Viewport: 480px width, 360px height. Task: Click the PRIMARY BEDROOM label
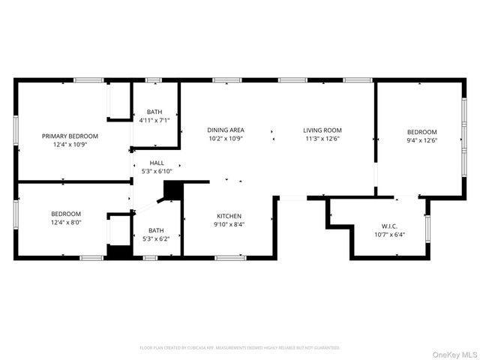click(x=70, y=136)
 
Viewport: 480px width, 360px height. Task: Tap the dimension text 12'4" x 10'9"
click(x=70, y=145)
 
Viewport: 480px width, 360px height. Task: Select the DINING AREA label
click(x=226, y=130)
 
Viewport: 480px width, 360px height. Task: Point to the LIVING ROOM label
click(x=322, y=130)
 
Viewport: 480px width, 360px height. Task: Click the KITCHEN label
click(x=229, y=215)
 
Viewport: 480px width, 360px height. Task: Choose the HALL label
click(x=157, y=162)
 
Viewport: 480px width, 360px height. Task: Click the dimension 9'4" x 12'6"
click(x=421, y=139)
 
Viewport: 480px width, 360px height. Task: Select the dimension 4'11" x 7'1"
click(x=154, y=119)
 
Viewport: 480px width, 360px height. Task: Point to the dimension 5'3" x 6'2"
click(x=156, y=238)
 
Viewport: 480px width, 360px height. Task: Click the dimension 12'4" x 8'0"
click(x=66, y=223)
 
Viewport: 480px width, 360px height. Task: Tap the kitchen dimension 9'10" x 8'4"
click(x=229, y=223)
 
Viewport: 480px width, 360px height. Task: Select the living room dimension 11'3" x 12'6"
click(x=322, y=138)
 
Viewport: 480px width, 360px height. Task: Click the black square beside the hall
click(x=172, y=190)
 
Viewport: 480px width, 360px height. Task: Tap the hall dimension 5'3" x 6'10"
click(x=157, y=170)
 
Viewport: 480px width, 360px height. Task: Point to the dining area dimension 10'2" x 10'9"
click(x=226, y=138)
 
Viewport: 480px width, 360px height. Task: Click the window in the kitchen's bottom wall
click(x=230, y=258)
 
